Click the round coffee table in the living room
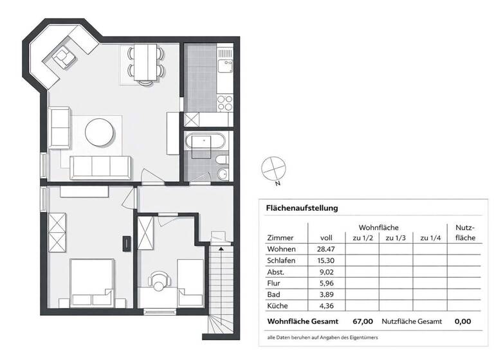(100, 132)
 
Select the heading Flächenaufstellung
(302, 208)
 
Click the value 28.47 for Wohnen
(325, 249)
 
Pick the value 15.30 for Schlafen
(325, 261)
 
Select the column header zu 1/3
(396, 238)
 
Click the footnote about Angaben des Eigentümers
(323, 337)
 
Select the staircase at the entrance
(221, 283)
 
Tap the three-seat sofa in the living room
(100, 167)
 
